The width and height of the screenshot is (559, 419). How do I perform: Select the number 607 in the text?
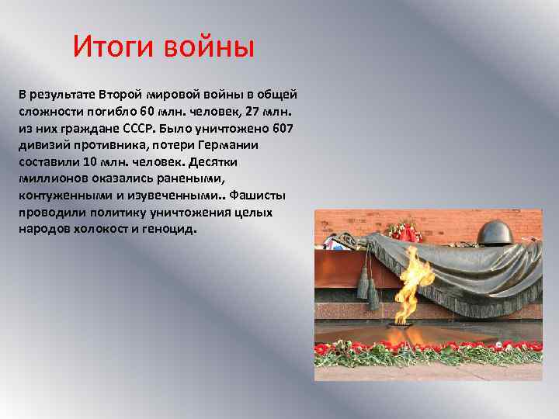[x=282, y=127]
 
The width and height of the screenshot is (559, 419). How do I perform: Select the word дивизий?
[x=42, y=144]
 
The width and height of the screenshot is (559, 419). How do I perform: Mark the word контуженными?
[x=55, y=196]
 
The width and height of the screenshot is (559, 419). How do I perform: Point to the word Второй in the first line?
[x=122, y=93]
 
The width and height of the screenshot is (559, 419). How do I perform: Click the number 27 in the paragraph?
[x=260, y=110]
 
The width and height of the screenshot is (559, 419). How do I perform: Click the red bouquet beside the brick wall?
[x=403, y=230]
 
